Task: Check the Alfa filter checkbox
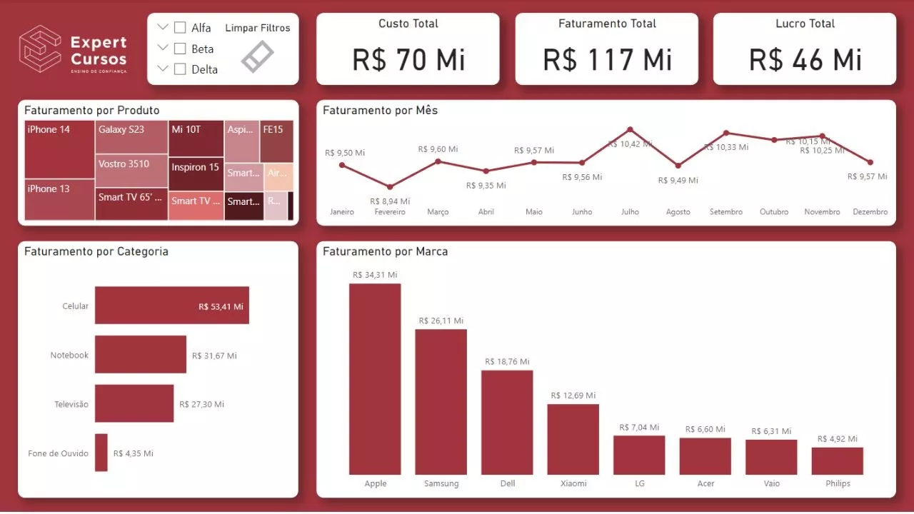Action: tap(180, 28)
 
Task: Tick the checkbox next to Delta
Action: tap(180, 69)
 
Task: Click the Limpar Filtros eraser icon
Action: tap(257, 56)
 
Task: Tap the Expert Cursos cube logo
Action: tap(40, 49)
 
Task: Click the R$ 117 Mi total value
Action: tap(607, 59)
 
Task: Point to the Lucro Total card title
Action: tap(805, 24)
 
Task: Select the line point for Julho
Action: tap(630, 129)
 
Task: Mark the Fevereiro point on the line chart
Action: tap(389, 187)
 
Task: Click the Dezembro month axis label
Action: tap(870, 212)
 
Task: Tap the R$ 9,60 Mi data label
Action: tap(438, 149)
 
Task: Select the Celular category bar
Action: tap(171, 306)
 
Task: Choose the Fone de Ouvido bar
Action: tap(101, 453)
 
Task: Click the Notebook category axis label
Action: tap(69, 356)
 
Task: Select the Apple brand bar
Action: tap(375, 378)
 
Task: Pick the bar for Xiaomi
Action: tap(573, 439)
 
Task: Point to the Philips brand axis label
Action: tap(838, 483)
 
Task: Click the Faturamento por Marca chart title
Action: tap(385, 252)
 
